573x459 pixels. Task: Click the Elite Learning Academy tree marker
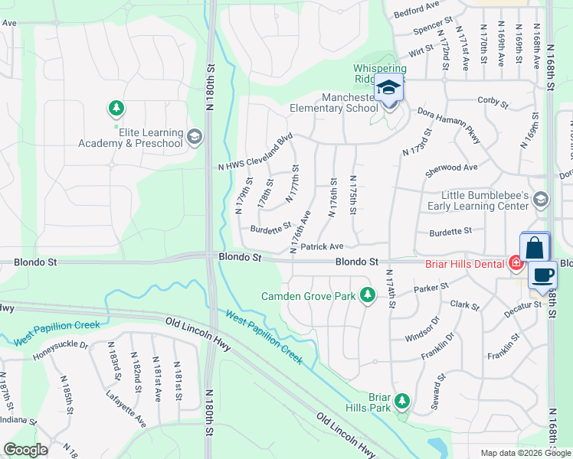[x=116, y=109]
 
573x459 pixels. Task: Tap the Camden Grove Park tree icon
[x=368, y=294]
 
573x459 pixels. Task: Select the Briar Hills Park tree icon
[x=401, y=401]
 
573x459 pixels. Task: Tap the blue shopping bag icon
[x=535, y=248]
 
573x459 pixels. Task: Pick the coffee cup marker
[x=542, y=275]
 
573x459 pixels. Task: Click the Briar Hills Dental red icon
[x=516, y=263]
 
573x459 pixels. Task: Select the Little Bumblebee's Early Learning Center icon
[x=541, y=200]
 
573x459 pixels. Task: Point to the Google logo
[x=25, y=450]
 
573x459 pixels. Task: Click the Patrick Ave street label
[x=322, y=246]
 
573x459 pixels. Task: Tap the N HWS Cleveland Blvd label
[x=257, y=153]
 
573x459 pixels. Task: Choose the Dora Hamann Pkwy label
[x=450, y=125]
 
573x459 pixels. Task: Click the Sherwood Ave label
[x=451, y=168]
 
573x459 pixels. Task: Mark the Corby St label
[x=493, y=101]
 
